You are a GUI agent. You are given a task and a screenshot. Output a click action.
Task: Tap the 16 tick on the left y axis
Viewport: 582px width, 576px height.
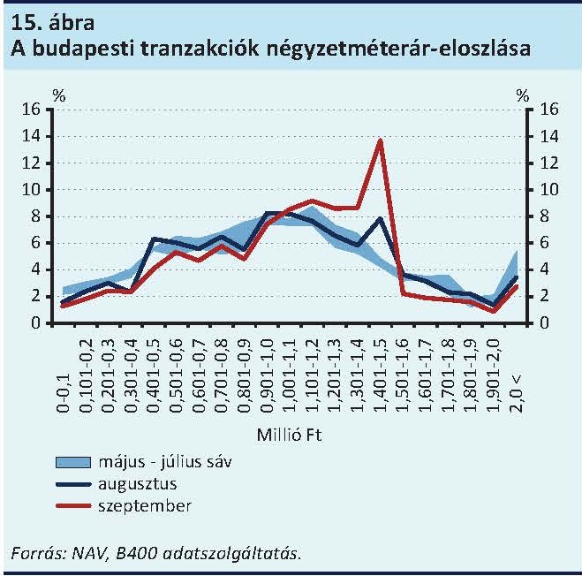(x=31, y=110)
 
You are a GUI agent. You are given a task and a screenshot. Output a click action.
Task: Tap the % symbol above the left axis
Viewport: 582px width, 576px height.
(x=59, y=95)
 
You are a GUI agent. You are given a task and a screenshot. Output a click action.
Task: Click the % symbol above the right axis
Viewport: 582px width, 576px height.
(x=524, y=95)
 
